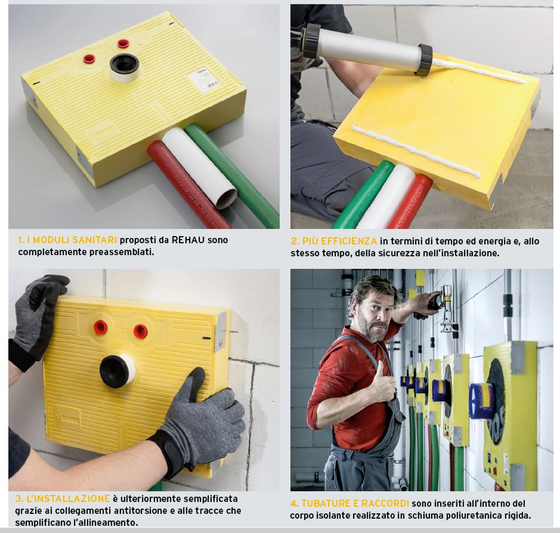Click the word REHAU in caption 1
tap(188, 240)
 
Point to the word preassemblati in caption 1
tap(122, 252)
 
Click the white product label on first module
tap(203, 80)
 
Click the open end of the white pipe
tap(227, 199)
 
